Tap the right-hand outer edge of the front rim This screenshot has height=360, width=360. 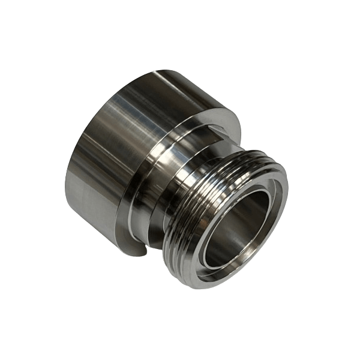pyautogui.click(x=287, y=210)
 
